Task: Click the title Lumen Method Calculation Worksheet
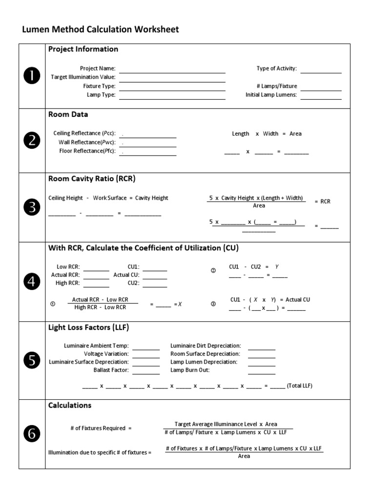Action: (x=101, y=29)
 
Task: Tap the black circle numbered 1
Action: (x=32, y=76)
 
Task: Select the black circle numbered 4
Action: (x=32, y=282)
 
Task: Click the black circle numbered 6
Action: (x=32, y=433)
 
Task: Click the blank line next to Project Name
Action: (x=172, y=71)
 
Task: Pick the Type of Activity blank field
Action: (x=321, y=72)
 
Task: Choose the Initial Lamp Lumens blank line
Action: (x=321, y=98)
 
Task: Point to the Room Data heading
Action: (x=68, y=114)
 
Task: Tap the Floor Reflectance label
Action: (x=87, y=151)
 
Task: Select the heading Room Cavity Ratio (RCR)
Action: (x=92, y=179)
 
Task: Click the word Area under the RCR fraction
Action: (x=259, y=206)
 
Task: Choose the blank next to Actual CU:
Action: (x=155, y=278)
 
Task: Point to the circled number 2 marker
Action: (x=213, y=271)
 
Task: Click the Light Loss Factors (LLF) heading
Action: (x=88, y=327)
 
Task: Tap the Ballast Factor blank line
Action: (x=146, y=373)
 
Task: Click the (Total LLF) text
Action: (x=299, y=386)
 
